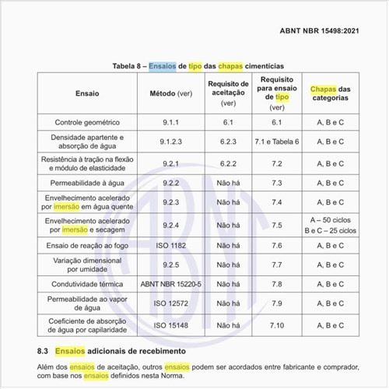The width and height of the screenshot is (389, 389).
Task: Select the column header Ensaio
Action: click(x=87, y=93)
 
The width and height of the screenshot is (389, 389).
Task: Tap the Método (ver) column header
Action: click(x=170, y=93)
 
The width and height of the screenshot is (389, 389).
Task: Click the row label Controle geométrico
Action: click(x=87, y=123)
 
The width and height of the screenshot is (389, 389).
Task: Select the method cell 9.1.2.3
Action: click(x=170, y=142)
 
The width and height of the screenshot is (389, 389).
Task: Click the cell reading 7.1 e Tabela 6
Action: click(x=276, y=142)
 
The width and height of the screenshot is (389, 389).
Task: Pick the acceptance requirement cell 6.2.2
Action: click(x=228, y=163)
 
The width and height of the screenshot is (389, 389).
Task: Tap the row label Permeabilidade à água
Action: click(x=87, y=183)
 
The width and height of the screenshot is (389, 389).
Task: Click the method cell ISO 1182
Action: click(x=170, y=244)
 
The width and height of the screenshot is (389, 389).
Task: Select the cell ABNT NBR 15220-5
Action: click(x=170, y=284)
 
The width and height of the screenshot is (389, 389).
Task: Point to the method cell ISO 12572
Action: click(x=170, y=304)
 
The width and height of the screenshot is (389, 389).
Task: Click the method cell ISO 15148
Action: click(x=170, y=324)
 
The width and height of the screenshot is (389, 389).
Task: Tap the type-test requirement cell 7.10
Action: click(x=276, y=324)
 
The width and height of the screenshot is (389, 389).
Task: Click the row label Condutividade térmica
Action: click(x=87, y=284)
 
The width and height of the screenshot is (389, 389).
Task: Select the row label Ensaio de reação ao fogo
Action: click(x=87, y=244)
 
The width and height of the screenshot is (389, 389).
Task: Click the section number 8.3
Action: click(x=44, y=351)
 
